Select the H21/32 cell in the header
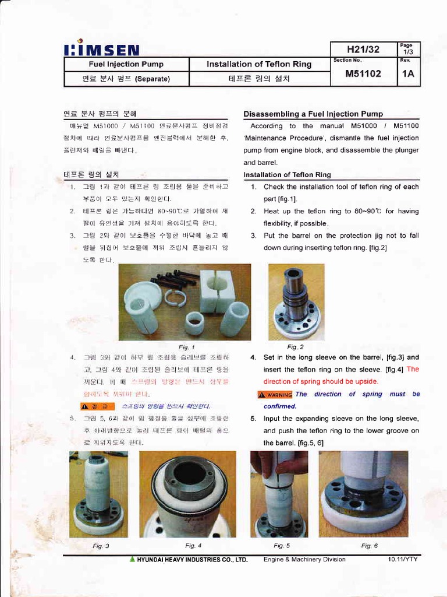click(x=363, y=49)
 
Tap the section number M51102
click(x=363, y=74)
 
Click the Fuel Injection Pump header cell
click(x=126, y=64)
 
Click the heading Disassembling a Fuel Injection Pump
click(x=313, y=114)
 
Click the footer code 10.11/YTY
click(x=403, y=559)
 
